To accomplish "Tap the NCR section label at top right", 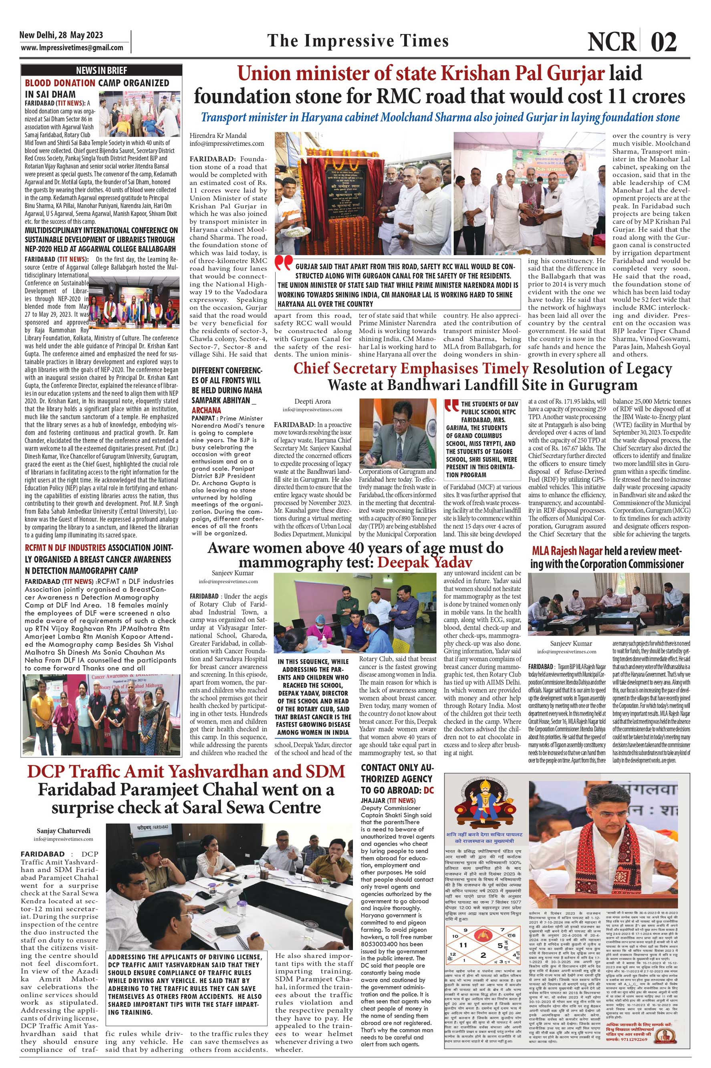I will (612, 42).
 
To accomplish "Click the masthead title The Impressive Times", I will (358, 41).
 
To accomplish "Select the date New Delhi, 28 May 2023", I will (61, 35).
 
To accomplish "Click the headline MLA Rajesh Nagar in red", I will (567, 551).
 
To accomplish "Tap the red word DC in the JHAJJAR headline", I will (429, 790).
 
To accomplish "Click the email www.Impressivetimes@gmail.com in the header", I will (72, 48).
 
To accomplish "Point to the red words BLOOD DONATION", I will (60, 83).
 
